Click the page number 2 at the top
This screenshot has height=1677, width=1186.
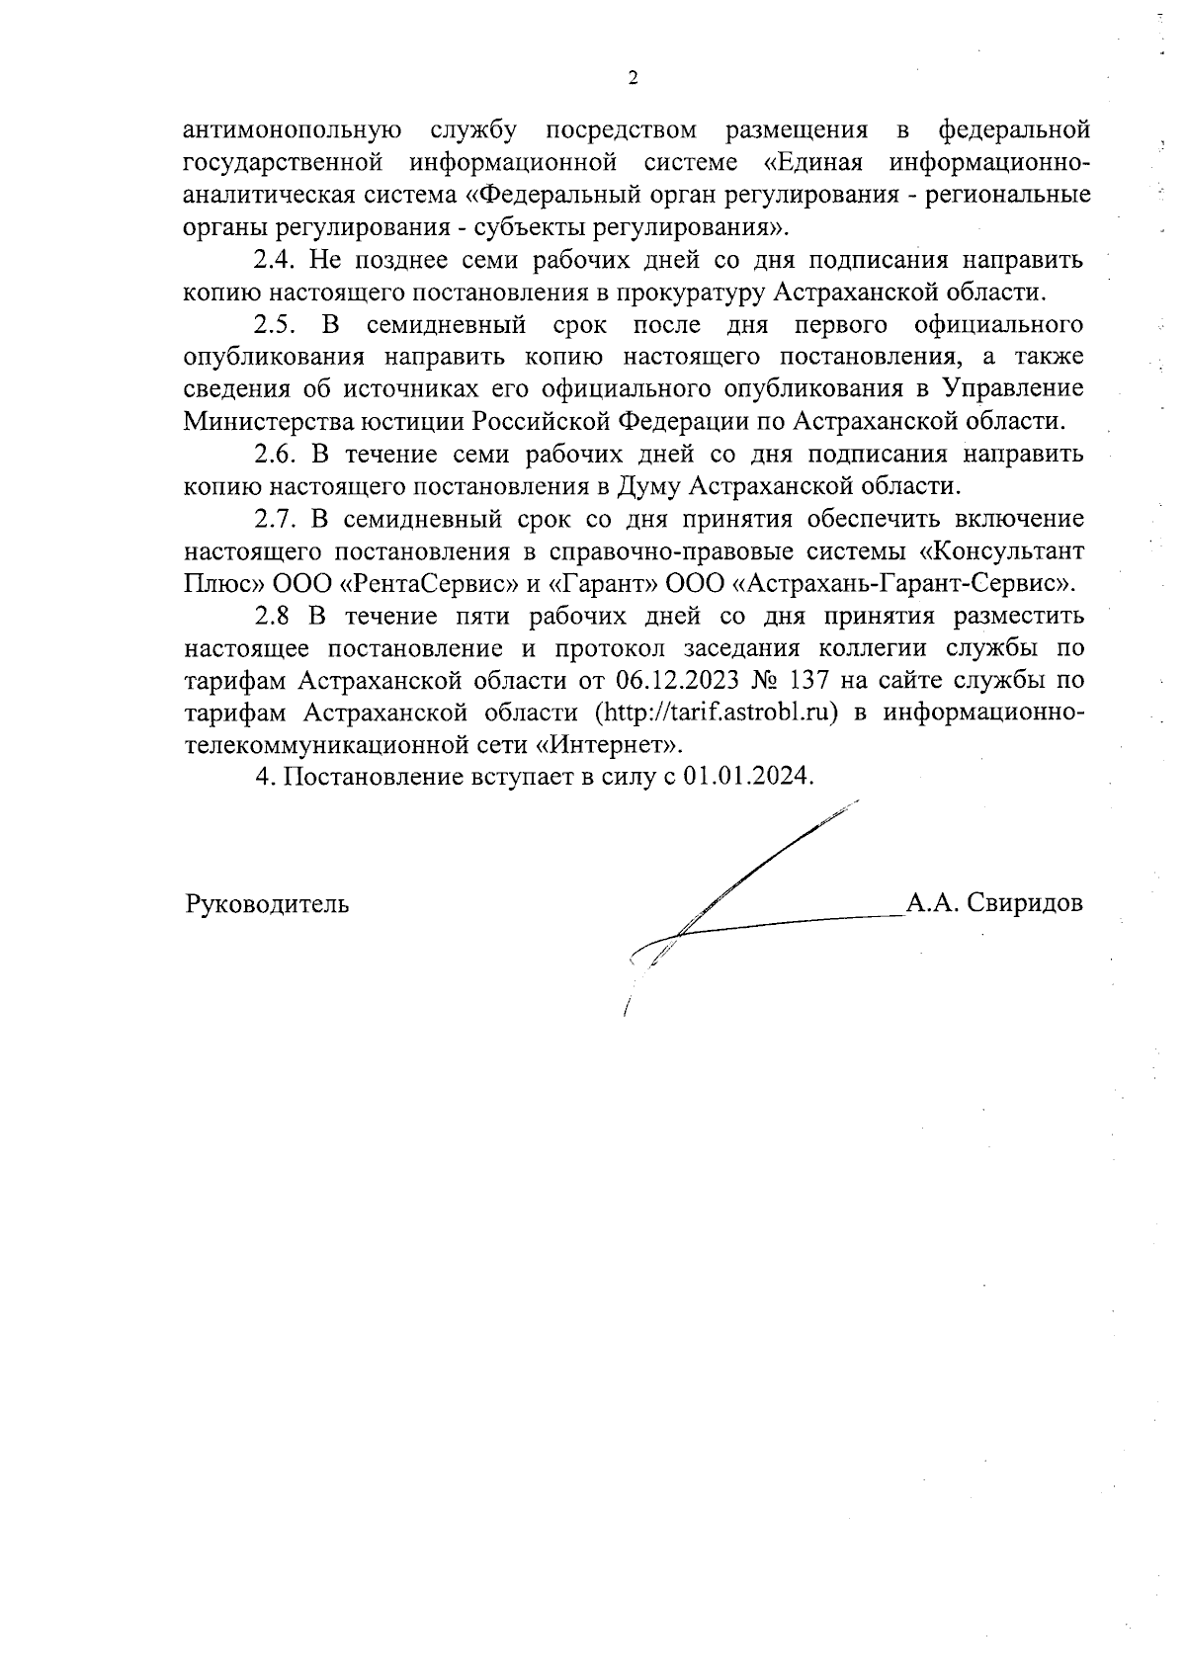click(x=633, y=79)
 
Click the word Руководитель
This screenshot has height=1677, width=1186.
click(x=266, y=903)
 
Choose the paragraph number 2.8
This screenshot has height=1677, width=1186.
click(x=276, y=616)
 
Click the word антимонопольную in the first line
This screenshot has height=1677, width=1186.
click(x=292, y=130)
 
